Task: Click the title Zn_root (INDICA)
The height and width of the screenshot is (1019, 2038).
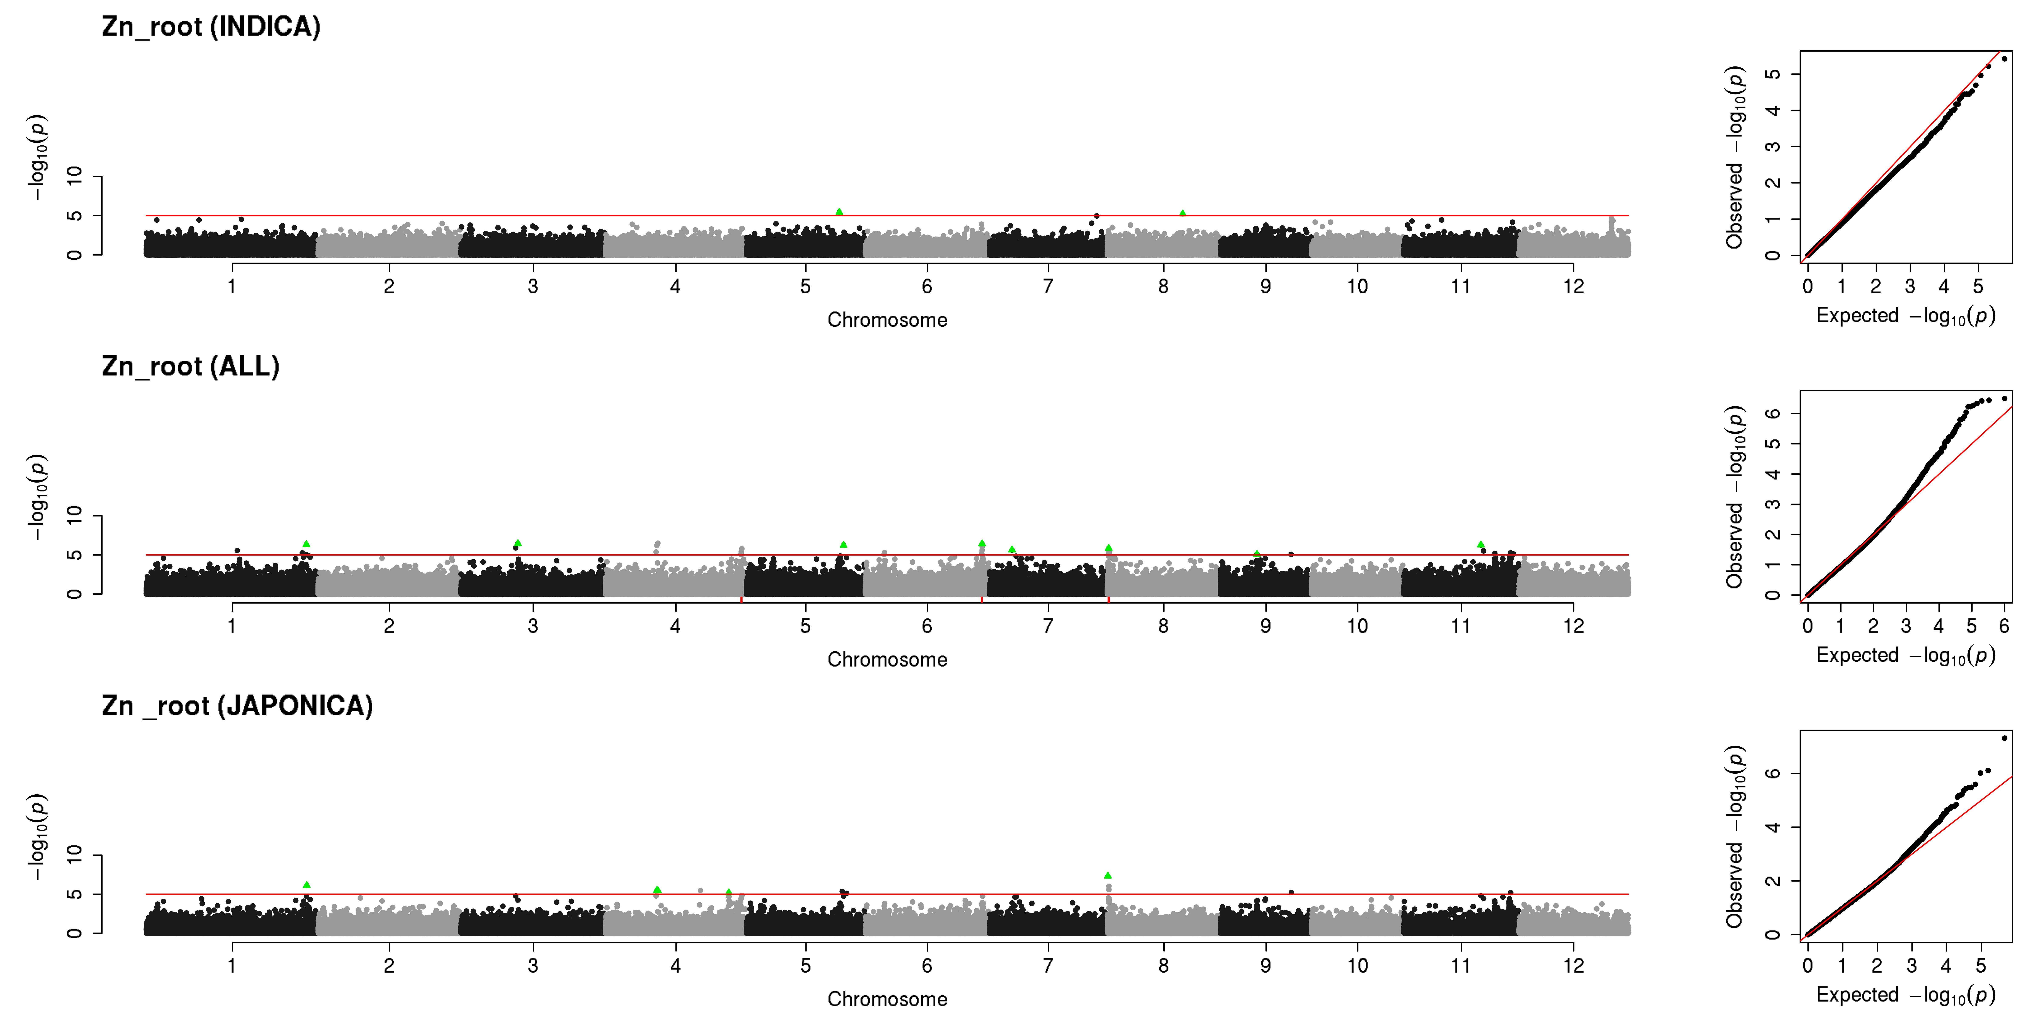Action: point(211,27)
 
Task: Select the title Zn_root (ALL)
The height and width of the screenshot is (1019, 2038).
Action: point(191,366)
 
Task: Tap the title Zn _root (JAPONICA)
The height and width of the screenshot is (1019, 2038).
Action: point(237,706)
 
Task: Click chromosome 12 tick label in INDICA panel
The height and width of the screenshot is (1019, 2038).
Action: point(1574,286)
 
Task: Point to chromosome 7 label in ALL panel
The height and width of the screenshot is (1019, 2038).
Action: point(1048,626)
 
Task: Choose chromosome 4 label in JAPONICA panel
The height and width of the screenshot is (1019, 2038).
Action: point(676,965)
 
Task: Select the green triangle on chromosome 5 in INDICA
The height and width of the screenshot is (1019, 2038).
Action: point(839,212)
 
